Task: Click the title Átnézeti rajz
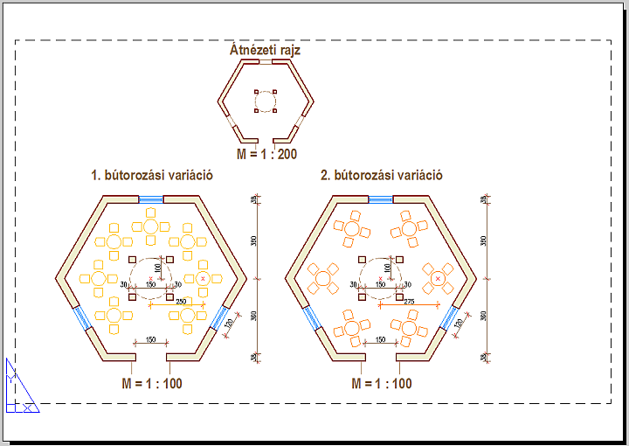[265, 51]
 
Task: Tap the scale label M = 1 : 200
[266, 154]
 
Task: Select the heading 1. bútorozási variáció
[152, 175]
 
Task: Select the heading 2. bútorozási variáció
[381, 175]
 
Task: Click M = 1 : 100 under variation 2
[381, 383]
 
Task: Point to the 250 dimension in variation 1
[181, 301]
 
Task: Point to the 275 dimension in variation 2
[409, 301]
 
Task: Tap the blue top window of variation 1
[152, 199]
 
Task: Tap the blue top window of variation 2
[381, 199]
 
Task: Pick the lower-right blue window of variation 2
[451, 317]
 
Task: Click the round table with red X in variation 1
[204, 278]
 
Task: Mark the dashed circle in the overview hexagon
[266, 101]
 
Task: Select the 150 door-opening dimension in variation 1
[150, 339]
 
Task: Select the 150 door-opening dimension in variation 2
[379, 339]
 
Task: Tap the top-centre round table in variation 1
[151, 226]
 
